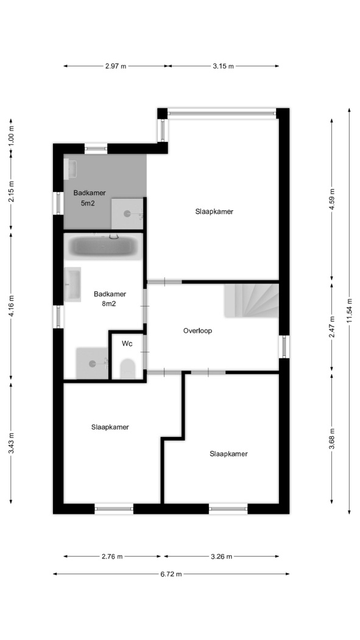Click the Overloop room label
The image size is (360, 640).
click(x=197, y=331)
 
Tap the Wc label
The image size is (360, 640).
click(x=127, y=344)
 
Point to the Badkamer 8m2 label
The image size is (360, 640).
click(x=110, y=299)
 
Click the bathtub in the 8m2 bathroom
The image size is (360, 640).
click(x=103, y=246)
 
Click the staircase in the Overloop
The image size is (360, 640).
click(x=251, y=301)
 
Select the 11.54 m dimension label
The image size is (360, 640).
click(x=350, y=311)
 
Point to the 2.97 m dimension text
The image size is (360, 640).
click(x=116, y=66)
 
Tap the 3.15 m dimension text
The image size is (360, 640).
click(x=224, y=66)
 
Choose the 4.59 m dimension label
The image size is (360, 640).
click(x=332, y=199)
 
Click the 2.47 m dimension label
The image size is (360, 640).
click(x=332, y=327)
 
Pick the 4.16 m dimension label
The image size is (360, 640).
click(x=12, y=305)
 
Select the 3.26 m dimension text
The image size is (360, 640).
click(x=221, y=556)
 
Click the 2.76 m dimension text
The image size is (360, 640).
click(x=112, y=556)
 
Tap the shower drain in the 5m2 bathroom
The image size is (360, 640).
click(x=127, y=213)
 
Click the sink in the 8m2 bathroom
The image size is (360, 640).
click(x=72, y=284)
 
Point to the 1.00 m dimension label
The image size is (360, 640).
click(x=12, y=134)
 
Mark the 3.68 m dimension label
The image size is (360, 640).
click(x=332, y=439)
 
